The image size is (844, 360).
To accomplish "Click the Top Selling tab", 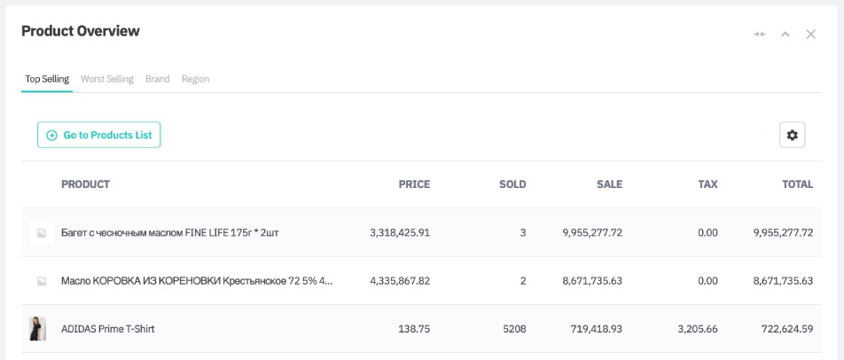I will tap(47, 79).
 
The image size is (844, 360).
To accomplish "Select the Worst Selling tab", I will tap(106, 79).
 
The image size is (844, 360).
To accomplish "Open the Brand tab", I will tap(157, 79).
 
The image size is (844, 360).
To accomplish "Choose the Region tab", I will tap(195, 79).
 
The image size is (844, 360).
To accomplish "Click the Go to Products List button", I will tap(98, 135).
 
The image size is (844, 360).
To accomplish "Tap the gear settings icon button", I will tap(792, 135).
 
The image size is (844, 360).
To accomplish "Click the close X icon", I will tap(810, 35).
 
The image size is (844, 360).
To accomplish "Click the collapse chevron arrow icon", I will tap(785, 35).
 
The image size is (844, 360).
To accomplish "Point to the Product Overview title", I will tap(81, 31).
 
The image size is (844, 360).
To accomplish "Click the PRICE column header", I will tap(414, 184).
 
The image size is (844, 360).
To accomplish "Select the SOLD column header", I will tap(512, 184).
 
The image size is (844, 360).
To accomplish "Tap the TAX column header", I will tap(707, 184).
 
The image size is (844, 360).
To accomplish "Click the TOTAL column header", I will tap(797, 184).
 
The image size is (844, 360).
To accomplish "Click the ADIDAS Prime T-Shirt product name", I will tap(108, 329).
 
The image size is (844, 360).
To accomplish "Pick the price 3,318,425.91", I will tap(400, 232).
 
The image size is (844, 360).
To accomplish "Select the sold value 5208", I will tap(513, 329).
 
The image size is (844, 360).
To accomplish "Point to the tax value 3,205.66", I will tap(698, 329).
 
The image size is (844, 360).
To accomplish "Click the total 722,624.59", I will tap(783, 329).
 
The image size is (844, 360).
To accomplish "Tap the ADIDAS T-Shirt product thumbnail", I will tap(38, 329).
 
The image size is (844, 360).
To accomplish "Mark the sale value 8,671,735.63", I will tap(592, 281).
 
